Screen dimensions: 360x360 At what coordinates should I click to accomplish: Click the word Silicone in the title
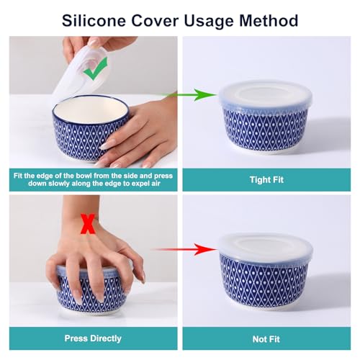point(94,21)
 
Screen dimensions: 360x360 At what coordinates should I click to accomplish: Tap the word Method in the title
point(269,21)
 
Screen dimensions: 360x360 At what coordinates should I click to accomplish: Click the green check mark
point(95,68)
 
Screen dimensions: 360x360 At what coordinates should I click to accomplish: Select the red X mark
point(88,224)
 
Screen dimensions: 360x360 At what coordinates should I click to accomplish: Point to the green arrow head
point(204,95)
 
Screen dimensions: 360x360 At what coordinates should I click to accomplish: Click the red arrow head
point(204,249)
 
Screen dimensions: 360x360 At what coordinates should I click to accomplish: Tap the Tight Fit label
point(266,180)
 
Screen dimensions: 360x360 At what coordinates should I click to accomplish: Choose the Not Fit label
point(266,339)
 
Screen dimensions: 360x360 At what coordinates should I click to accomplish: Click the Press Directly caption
point(93,338)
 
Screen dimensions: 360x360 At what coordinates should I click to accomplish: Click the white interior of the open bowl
point(90,109)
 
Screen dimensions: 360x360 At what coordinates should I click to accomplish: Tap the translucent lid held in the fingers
point(79,72)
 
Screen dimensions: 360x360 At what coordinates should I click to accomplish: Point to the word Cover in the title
point(155,21)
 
